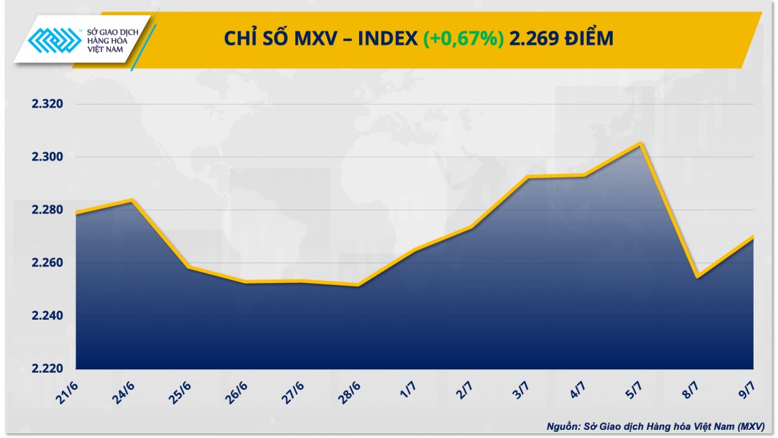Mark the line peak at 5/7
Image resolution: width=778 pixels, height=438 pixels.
641,144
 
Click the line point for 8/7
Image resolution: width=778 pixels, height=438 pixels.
697,277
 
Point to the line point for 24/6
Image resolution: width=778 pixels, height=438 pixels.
132,200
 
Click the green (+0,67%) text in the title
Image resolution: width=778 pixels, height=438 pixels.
464,39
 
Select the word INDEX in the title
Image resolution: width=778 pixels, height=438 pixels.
387,39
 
